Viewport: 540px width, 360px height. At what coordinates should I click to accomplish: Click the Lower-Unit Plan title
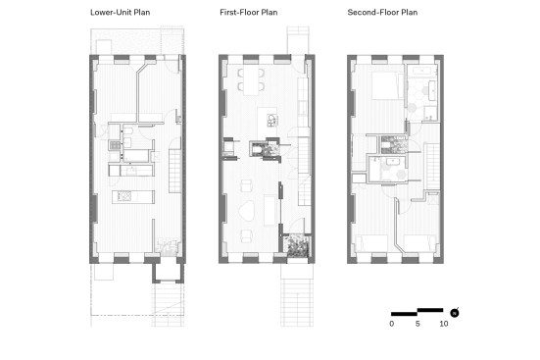(x=121, y=13)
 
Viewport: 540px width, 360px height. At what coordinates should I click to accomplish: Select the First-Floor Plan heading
(x=249, y=13)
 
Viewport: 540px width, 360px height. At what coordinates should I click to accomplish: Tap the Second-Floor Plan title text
(x=382, y=13)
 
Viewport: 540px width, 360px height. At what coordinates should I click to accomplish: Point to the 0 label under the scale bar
(x=392, y=324)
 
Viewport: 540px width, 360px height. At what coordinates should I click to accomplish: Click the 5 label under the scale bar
(x=417, y=324)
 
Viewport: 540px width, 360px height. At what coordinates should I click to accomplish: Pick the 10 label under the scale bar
(x=444, y=324)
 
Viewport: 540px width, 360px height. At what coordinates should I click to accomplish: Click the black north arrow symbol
(x=455, y=313)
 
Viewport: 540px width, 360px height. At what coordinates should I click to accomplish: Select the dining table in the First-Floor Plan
(x=251, y=80)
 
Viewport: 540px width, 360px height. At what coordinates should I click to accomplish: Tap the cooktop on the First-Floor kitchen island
(x=271, y=120)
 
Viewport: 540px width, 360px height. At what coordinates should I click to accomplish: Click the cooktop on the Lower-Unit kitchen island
(x=124, y=196)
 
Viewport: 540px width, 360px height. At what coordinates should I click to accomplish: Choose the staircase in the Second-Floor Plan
(x=433, y=166)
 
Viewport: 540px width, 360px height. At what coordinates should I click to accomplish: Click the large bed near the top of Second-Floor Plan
(x=387, y=86)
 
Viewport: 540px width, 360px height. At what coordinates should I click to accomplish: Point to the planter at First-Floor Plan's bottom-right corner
(x=298, y=246)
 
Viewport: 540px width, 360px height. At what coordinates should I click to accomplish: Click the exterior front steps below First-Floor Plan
(x=297, y=302)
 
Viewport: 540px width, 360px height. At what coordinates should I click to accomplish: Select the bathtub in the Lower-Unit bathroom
(x=136, y=156)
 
